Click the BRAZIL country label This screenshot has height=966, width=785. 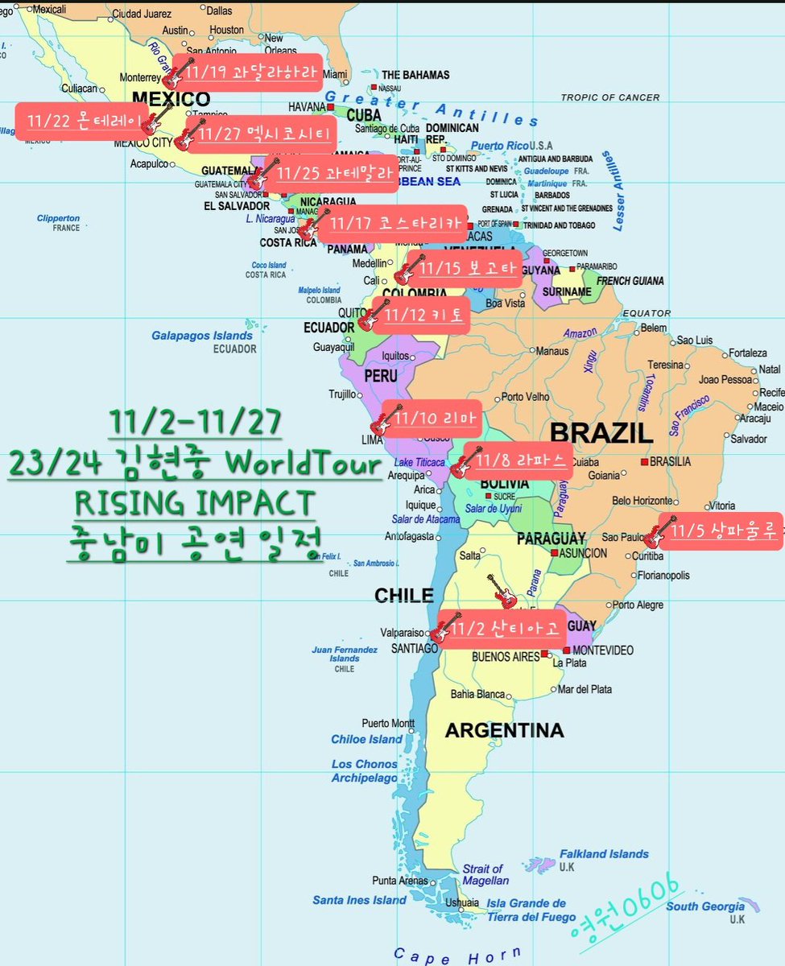601,432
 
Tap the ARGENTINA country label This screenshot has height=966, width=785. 504,731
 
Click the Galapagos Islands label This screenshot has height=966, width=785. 202,336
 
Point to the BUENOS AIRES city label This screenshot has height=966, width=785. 505,657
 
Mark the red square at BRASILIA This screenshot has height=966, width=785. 644,462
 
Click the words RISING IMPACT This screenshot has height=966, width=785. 193,503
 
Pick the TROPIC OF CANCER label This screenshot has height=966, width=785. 609,97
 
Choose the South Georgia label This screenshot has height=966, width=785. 705,907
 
